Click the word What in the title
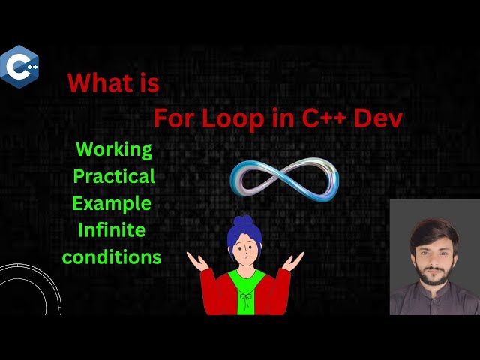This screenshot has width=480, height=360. pyautogui.click(x=99, y=83)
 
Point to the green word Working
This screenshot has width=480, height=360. pyautogui.click(x=114, y=149)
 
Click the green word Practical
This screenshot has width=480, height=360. pyautogui.click(x=113, y=176)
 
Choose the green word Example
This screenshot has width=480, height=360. pyautogui.click(x=112, y=202)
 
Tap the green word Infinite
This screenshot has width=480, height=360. pyautogui.click(x=112, y=229)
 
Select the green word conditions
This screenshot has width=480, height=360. pyautogui.click(x=112, y=256)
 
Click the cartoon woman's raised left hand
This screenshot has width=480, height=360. pyautogui.click(x=295, y=259)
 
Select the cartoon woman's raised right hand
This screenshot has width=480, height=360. pyautogui.click(x=196, y=260)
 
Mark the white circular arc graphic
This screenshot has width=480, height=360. pyautogui.click(x=22, y=289)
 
